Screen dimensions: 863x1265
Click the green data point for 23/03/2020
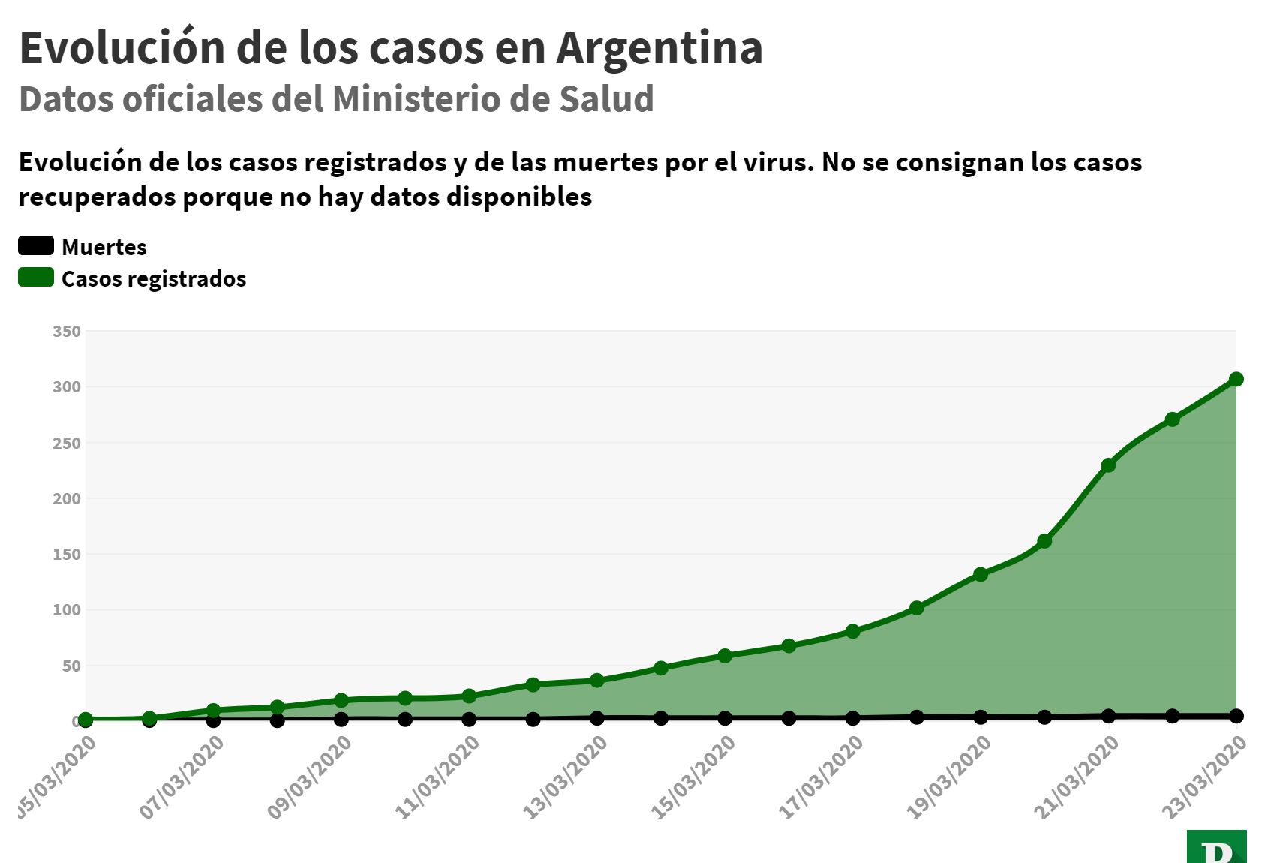coord(1236,380)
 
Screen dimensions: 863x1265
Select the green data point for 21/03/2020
coord(1108,465)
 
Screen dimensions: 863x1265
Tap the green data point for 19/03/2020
coord(980,575)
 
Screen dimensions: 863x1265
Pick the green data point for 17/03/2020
coord(852,631)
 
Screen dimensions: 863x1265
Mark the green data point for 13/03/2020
coord(596,681)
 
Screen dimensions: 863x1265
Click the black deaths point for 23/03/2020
coord(1236,716)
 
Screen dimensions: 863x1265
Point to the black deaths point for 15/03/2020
coord(725,718)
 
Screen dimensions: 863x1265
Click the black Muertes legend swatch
coord(36,245)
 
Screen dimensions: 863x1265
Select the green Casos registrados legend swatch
coord(36,278)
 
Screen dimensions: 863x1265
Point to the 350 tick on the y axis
coord(67,332)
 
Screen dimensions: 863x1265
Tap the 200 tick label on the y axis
coord(67,499)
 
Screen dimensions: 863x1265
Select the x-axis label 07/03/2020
coord(183,777)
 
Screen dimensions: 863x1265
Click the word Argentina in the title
coord(660,47)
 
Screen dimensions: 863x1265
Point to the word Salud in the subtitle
coord(606,99)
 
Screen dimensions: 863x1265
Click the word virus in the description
coord(780,162)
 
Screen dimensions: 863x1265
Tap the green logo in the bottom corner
coord(1216,846)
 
